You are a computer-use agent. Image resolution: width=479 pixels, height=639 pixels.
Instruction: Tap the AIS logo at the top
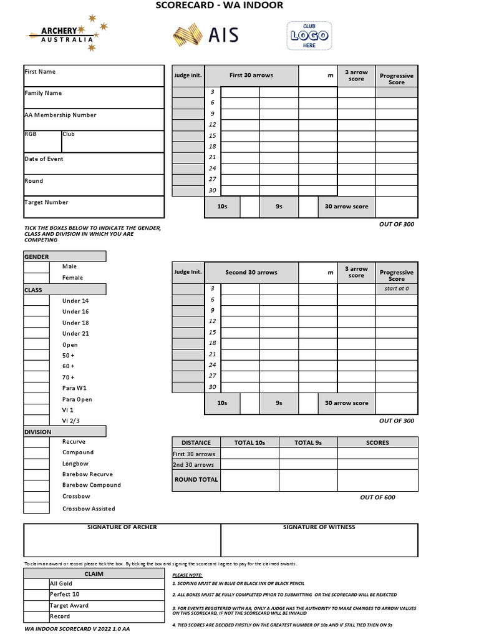(x=206, y=35)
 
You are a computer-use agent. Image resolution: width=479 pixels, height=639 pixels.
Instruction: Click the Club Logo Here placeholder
(x=309, y=36)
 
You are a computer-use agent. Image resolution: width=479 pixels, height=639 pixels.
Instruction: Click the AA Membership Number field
(x=94, y=120)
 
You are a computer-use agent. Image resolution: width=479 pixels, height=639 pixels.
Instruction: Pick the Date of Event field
(x=94, y=163)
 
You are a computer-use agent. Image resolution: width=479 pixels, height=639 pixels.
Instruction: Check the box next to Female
(x=36, y=278)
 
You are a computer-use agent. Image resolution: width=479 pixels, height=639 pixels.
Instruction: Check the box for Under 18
(x=36, y=323)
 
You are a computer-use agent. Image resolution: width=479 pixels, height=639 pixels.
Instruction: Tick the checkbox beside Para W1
(x=36, y=388)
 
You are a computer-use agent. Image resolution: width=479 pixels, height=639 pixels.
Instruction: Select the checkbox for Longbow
(x=36, y=464)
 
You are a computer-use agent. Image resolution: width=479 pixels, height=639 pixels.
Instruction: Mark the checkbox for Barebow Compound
(x=36, y=485)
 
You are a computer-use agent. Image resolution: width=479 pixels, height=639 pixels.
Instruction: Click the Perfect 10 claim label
(x=65, y=595)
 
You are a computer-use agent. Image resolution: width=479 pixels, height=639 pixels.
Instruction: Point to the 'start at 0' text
(x=396, y=289)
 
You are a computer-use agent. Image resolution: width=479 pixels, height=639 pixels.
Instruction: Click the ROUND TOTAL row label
(x=196, y=480)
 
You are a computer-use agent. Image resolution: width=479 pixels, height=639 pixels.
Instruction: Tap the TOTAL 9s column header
(x=308, y=442)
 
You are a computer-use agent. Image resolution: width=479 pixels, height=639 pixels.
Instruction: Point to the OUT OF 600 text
(x=377, y=497)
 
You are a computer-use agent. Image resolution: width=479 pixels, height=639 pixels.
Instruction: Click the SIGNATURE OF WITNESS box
(x=319, y=540)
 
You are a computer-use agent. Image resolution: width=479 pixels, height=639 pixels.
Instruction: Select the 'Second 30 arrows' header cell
(x=251, y=273)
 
